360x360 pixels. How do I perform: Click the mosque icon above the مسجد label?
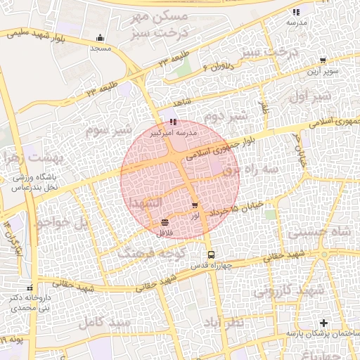(101, 38)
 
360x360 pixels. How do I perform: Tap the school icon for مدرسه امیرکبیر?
(173, 122)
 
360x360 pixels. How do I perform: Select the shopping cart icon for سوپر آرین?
(323, 60)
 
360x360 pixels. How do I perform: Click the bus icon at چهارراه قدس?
(210, 255)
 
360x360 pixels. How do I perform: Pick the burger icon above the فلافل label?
(164, 223)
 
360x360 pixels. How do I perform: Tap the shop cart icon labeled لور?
(195, 205)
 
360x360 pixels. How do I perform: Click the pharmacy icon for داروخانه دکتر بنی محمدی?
(30, 288)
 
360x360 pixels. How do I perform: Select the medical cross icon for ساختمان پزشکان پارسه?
(323, 323)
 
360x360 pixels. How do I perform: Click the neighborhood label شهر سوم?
(108, 130)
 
